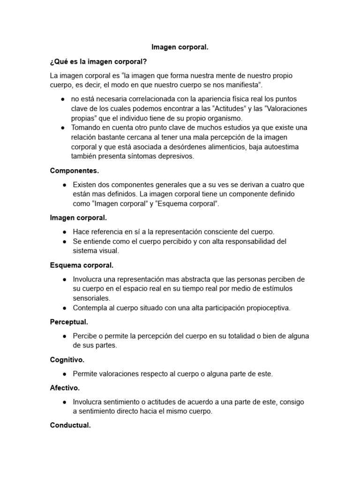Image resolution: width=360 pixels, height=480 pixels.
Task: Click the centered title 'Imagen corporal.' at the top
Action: [x=180, y=47]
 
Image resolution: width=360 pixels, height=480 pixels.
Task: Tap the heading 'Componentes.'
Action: [x=75, y=171]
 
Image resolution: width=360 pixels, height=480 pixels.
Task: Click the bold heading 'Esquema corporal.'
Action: [x=82, y=265]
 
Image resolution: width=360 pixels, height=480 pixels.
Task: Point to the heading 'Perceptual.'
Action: [x=69, y=322]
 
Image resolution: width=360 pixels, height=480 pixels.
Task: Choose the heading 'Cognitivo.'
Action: [x=67, y=360]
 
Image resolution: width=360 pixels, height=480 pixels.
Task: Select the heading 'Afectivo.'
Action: [x=65, y=388]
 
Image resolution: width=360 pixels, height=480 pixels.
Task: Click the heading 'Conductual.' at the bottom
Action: [x=70, y=426]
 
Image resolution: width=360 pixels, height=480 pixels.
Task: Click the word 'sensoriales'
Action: [x=91, y=298]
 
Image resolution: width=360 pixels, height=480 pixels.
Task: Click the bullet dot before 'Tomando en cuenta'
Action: [x=63, y=127]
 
